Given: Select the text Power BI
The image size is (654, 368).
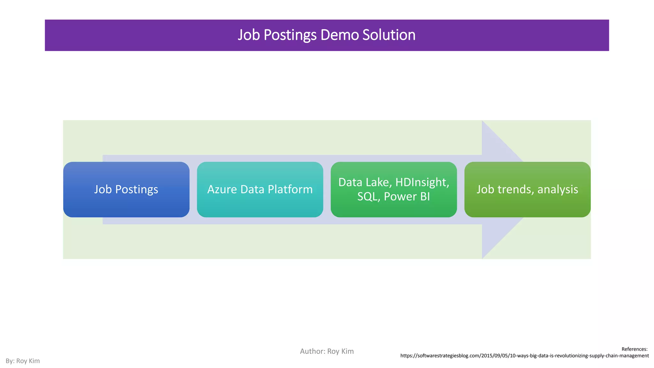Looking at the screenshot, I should coord(407,196).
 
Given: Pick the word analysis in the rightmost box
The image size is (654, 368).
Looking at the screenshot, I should coord(558,189).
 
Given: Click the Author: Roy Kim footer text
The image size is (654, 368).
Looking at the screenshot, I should coord(327,351).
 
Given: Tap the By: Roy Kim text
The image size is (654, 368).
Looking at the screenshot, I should coord(23,361).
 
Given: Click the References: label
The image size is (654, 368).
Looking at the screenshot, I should coord(634,349).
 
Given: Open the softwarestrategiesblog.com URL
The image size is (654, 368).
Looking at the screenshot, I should coord(524,356).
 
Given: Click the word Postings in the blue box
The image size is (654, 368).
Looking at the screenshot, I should coord(136,189).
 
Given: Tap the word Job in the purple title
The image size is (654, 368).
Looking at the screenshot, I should coord(249,35).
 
